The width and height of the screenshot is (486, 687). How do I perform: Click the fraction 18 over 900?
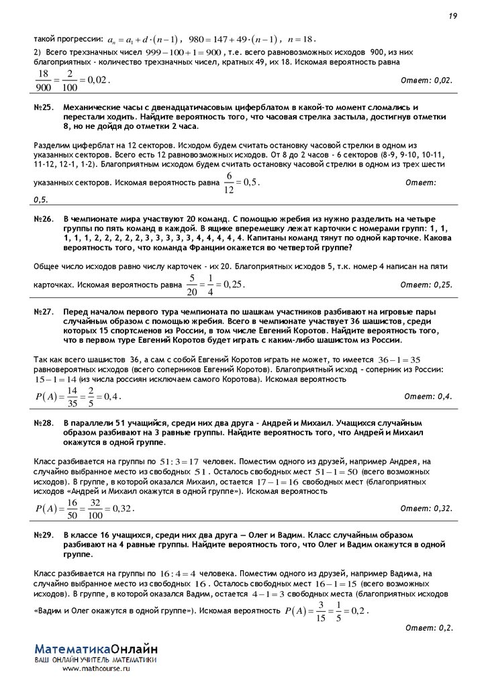point(44,81)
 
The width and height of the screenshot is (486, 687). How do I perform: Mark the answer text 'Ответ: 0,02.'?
point(426,81)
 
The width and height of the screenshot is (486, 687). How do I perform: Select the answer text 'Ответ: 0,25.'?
point(426,284)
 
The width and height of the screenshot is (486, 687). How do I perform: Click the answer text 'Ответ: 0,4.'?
point(428,397)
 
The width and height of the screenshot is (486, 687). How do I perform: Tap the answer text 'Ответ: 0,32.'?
point(426,509)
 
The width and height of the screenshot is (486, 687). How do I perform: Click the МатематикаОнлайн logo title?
point(96,649)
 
